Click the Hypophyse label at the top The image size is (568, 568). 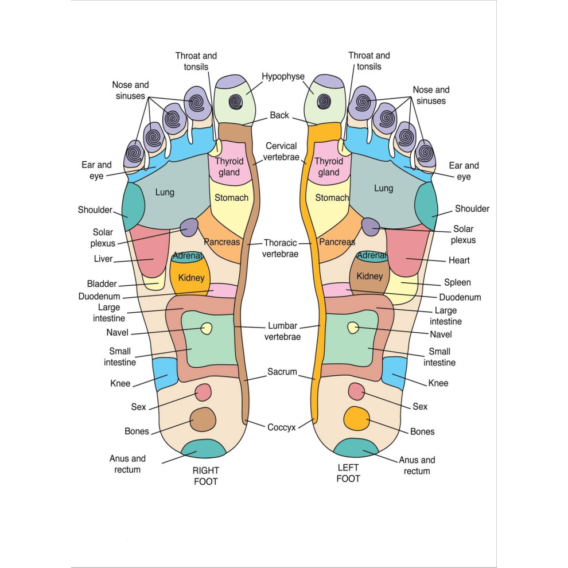tap(283, 77)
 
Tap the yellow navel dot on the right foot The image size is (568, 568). tap(207, 329)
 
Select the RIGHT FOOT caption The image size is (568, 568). tap(206, 476)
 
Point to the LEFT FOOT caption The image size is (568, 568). tap(348, 473)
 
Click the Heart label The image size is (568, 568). tap(459, 260)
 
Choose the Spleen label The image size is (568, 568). tap(457, 282)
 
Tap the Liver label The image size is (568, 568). tap(103, 259)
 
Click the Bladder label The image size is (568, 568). tap(102, 283)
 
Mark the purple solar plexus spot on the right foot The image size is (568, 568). tap(189, 228)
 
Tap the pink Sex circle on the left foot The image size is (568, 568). tap(356, 391)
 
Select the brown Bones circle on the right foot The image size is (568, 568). tap(203, 419)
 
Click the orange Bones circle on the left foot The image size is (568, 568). tap(357, 419)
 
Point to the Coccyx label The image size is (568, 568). tap(282, 428)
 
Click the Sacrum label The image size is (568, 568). tap(282, 372)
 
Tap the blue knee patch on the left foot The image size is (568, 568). tap(394, 373)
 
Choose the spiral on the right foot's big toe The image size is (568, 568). tap(235, 102)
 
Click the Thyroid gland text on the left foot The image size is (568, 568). tap(329, 166)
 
